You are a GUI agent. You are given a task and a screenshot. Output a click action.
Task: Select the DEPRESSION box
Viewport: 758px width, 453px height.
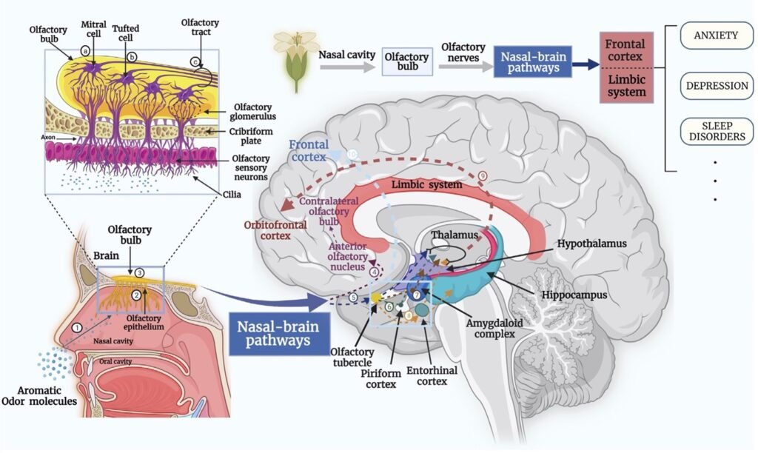717,85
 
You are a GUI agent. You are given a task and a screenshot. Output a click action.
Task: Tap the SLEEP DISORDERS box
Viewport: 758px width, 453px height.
716,131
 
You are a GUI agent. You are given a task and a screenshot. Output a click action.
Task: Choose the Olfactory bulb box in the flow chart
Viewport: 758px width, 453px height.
406,62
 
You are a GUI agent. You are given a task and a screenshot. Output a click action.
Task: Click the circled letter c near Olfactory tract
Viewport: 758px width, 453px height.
195,62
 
